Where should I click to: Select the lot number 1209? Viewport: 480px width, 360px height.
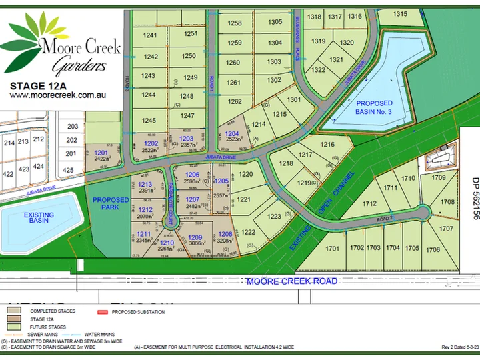coord(195,237)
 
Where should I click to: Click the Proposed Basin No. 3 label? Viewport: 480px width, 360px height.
coord(374,107)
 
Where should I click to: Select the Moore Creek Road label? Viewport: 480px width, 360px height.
coord(292,281)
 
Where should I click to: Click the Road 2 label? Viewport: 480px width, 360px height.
coord(386,218)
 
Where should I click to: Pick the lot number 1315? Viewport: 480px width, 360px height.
coord(400,13)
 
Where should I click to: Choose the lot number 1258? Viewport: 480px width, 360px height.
coord(235,23)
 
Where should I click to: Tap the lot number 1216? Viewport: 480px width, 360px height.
coord(327,145)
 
